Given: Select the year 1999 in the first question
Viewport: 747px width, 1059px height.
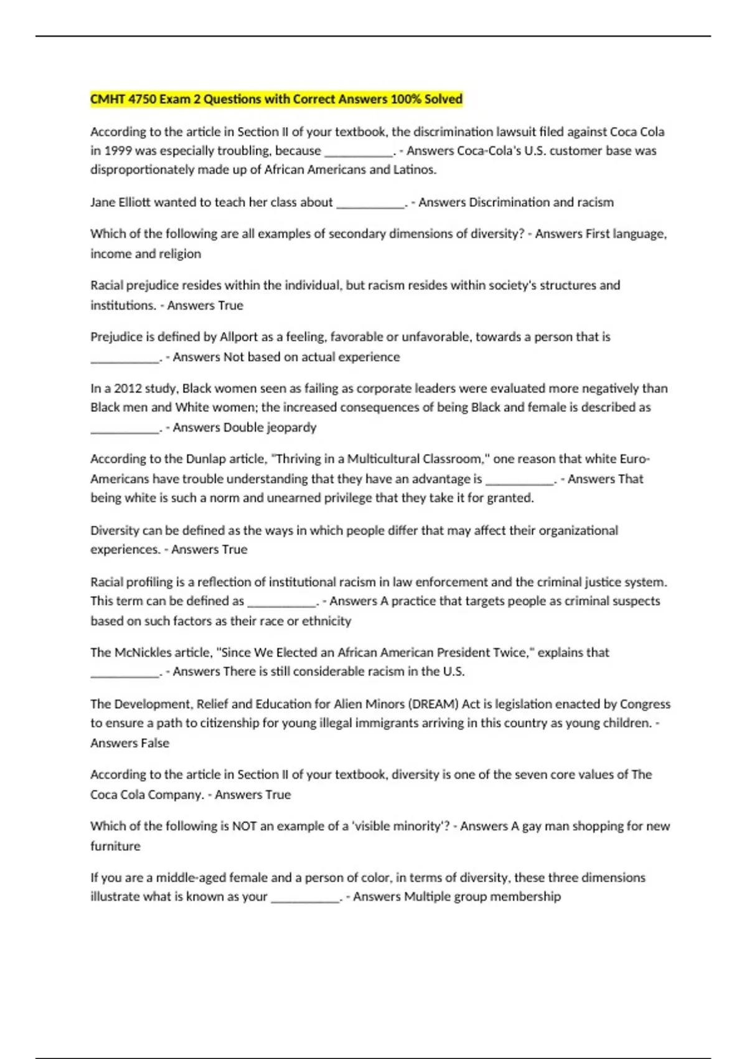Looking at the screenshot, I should (118, 151).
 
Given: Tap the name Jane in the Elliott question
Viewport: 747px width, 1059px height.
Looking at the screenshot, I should (104, 202).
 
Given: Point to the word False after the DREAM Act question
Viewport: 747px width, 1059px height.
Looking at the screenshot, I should (155, 743).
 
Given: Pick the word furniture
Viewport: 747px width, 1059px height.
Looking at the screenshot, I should (115, 846).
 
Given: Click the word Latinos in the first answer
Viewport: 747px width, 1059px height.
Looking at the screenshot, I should (414, 169).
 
